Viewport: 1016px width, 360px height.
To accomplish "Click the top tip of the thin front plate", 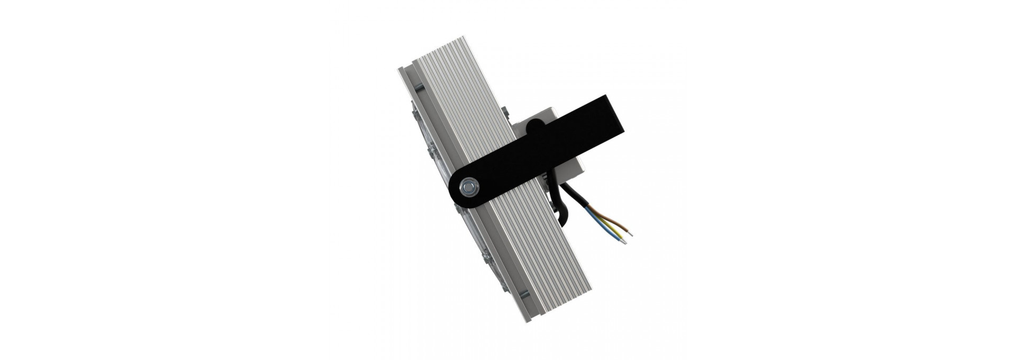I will point(400,72).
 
